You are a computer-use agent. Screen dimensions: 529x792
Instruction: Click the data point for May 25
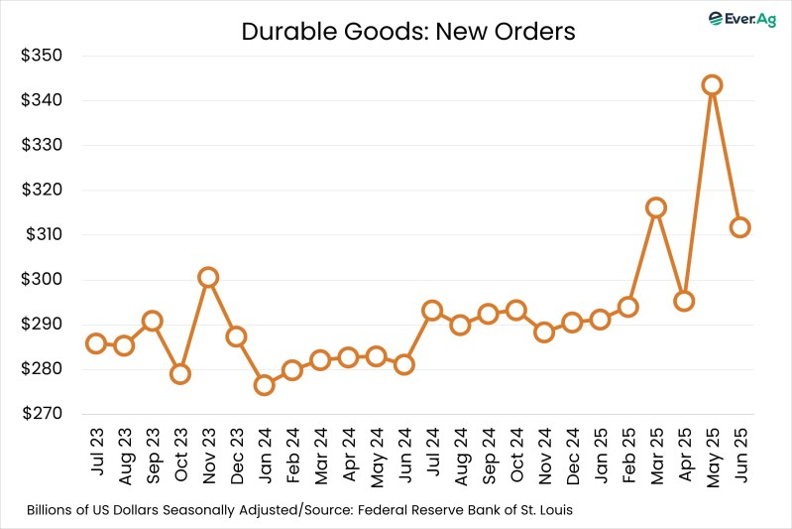pos(712,85)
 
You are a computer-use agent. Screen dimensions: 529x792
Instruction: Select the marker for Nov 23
pos(207,277)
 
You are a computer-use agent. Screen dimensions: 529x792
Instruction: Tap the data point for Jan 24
pos(264,385)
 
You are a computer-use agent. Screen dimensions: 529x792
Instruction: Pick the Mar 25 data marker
pos(655,207)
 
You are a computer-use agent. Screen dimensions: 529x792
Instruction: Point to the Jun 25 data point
pos(739,227)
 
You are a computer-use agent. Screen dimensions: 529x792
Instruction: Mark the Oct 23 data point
pos(179,374)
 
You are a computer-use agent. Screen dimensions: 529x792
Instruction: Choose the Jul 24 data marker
pos(431,311)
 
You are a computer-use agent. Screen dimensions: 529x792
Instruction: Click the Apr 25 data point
pos(684,301)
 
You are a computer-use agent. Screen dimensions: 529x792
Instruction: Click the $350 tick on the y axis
pos(42,56)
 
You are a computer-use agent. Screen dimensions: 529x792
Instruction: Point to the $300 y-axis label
pos(42,280)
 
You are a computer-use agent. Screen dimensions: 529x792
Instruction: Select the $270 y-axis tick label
pos(42,414)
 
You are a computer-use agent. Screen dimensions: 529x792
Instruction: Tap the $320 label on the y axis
pos(42,190)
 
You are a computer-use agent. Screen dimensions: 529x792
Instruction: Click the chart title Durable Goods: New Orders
pos(408,32)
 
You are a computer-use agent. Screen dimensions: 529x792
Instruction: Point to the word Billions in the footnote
pos(53,511)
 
